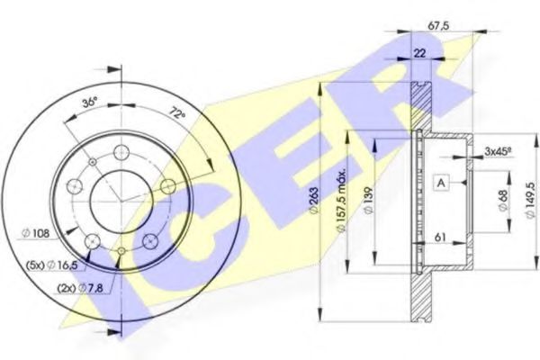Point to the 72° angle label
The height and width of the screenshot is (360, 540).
click(175, 113)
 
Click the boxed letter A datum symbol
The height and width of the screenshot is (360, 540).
click(442, 183)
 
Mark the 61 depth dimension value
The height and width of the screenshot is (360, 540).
click(442, 238)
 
